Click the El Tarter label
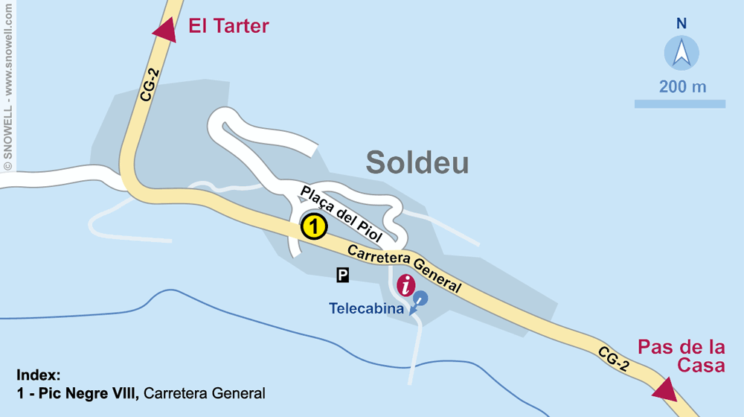coord(228,27)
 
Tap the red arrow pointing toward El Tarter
coord(164,30)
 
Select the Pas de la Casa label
coord(681,356)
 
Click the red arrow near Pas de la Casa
coord(663,389)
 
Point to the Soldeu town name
coord(417,163)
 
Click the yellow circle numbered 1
coord(314,226)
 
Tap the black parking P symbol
coord(342,276)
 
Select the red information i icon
coord(406,285)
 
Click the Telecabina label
coord(367,308)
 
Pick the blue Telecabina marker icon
coord(420,299)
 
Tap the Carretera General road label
coord(404,267)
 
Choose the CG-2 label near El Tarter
coord(149,81)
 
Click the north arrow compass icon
coord(682,53)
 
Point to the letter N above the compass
coord(682,24)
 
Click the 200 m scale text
coord(682,86)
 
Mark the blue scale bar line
coord(679,104)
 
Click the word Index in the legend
coord(38,375)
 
